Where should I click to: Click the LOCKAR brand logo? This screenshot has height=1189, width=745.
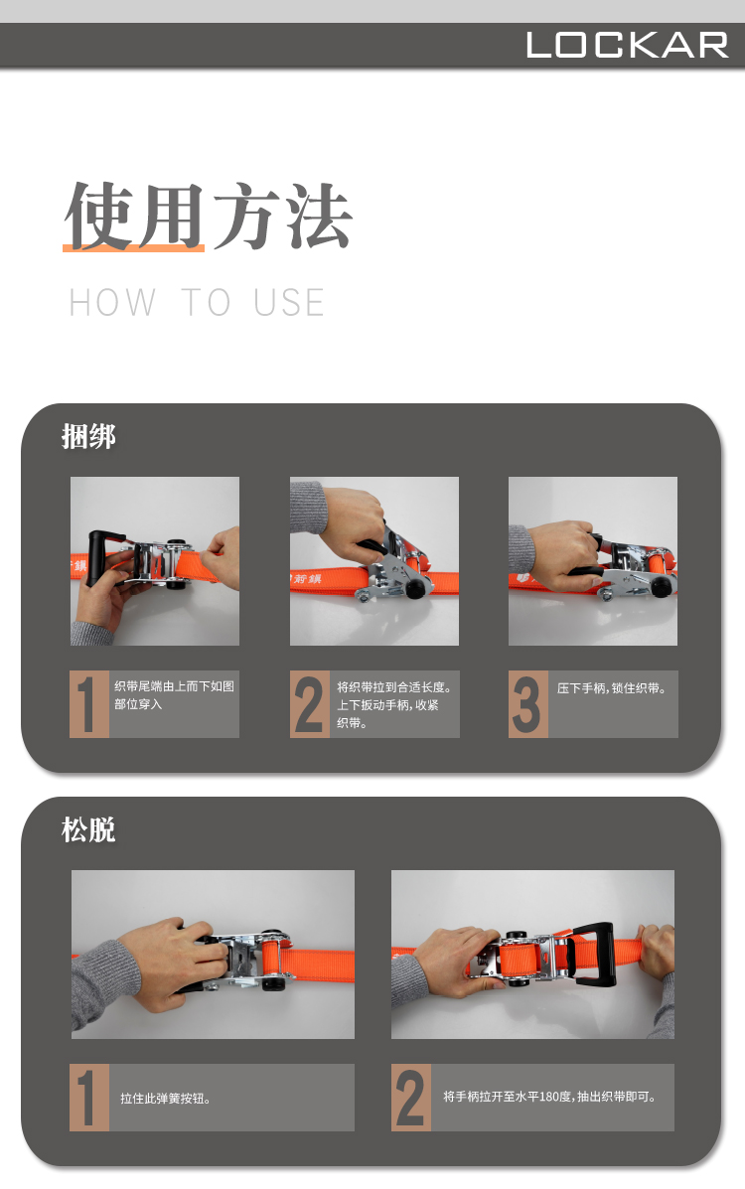(x=628, y=45)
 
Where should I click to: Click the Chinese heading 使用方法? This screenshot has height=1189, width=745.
(x=208, y=217)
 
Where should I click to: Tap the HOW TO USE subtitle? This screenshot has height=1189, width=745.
(x=198, y=303)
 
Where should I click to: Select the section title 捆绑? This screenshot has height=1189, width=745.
(x=88, y=437)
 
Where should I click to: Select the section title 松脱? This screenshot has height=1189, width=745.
(x=88, y=829)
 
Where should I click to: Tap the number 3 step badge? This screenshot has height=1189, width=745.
(x=527, y=704)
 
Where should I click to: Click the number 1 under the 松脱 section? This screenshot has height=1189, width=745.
(x=87, y=1098)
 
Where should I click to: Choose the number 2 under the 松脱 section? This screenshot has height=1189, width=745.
(x=410, y=1098)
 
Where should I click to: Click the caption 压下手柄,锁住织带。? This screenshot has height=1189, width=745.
(x=612, y=688)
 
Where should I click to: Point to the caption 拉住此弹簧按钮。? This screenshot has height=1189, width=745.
(x=165, y=1098)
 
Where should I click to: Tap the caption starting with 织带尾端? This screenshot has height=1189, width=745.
(x=175, y=695)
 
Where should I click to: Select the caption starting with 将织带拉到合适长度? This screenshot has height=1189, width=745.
(x=394, y=705)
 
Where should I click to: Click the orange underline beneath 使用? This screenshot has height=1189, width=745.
(x=133, y=247)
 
